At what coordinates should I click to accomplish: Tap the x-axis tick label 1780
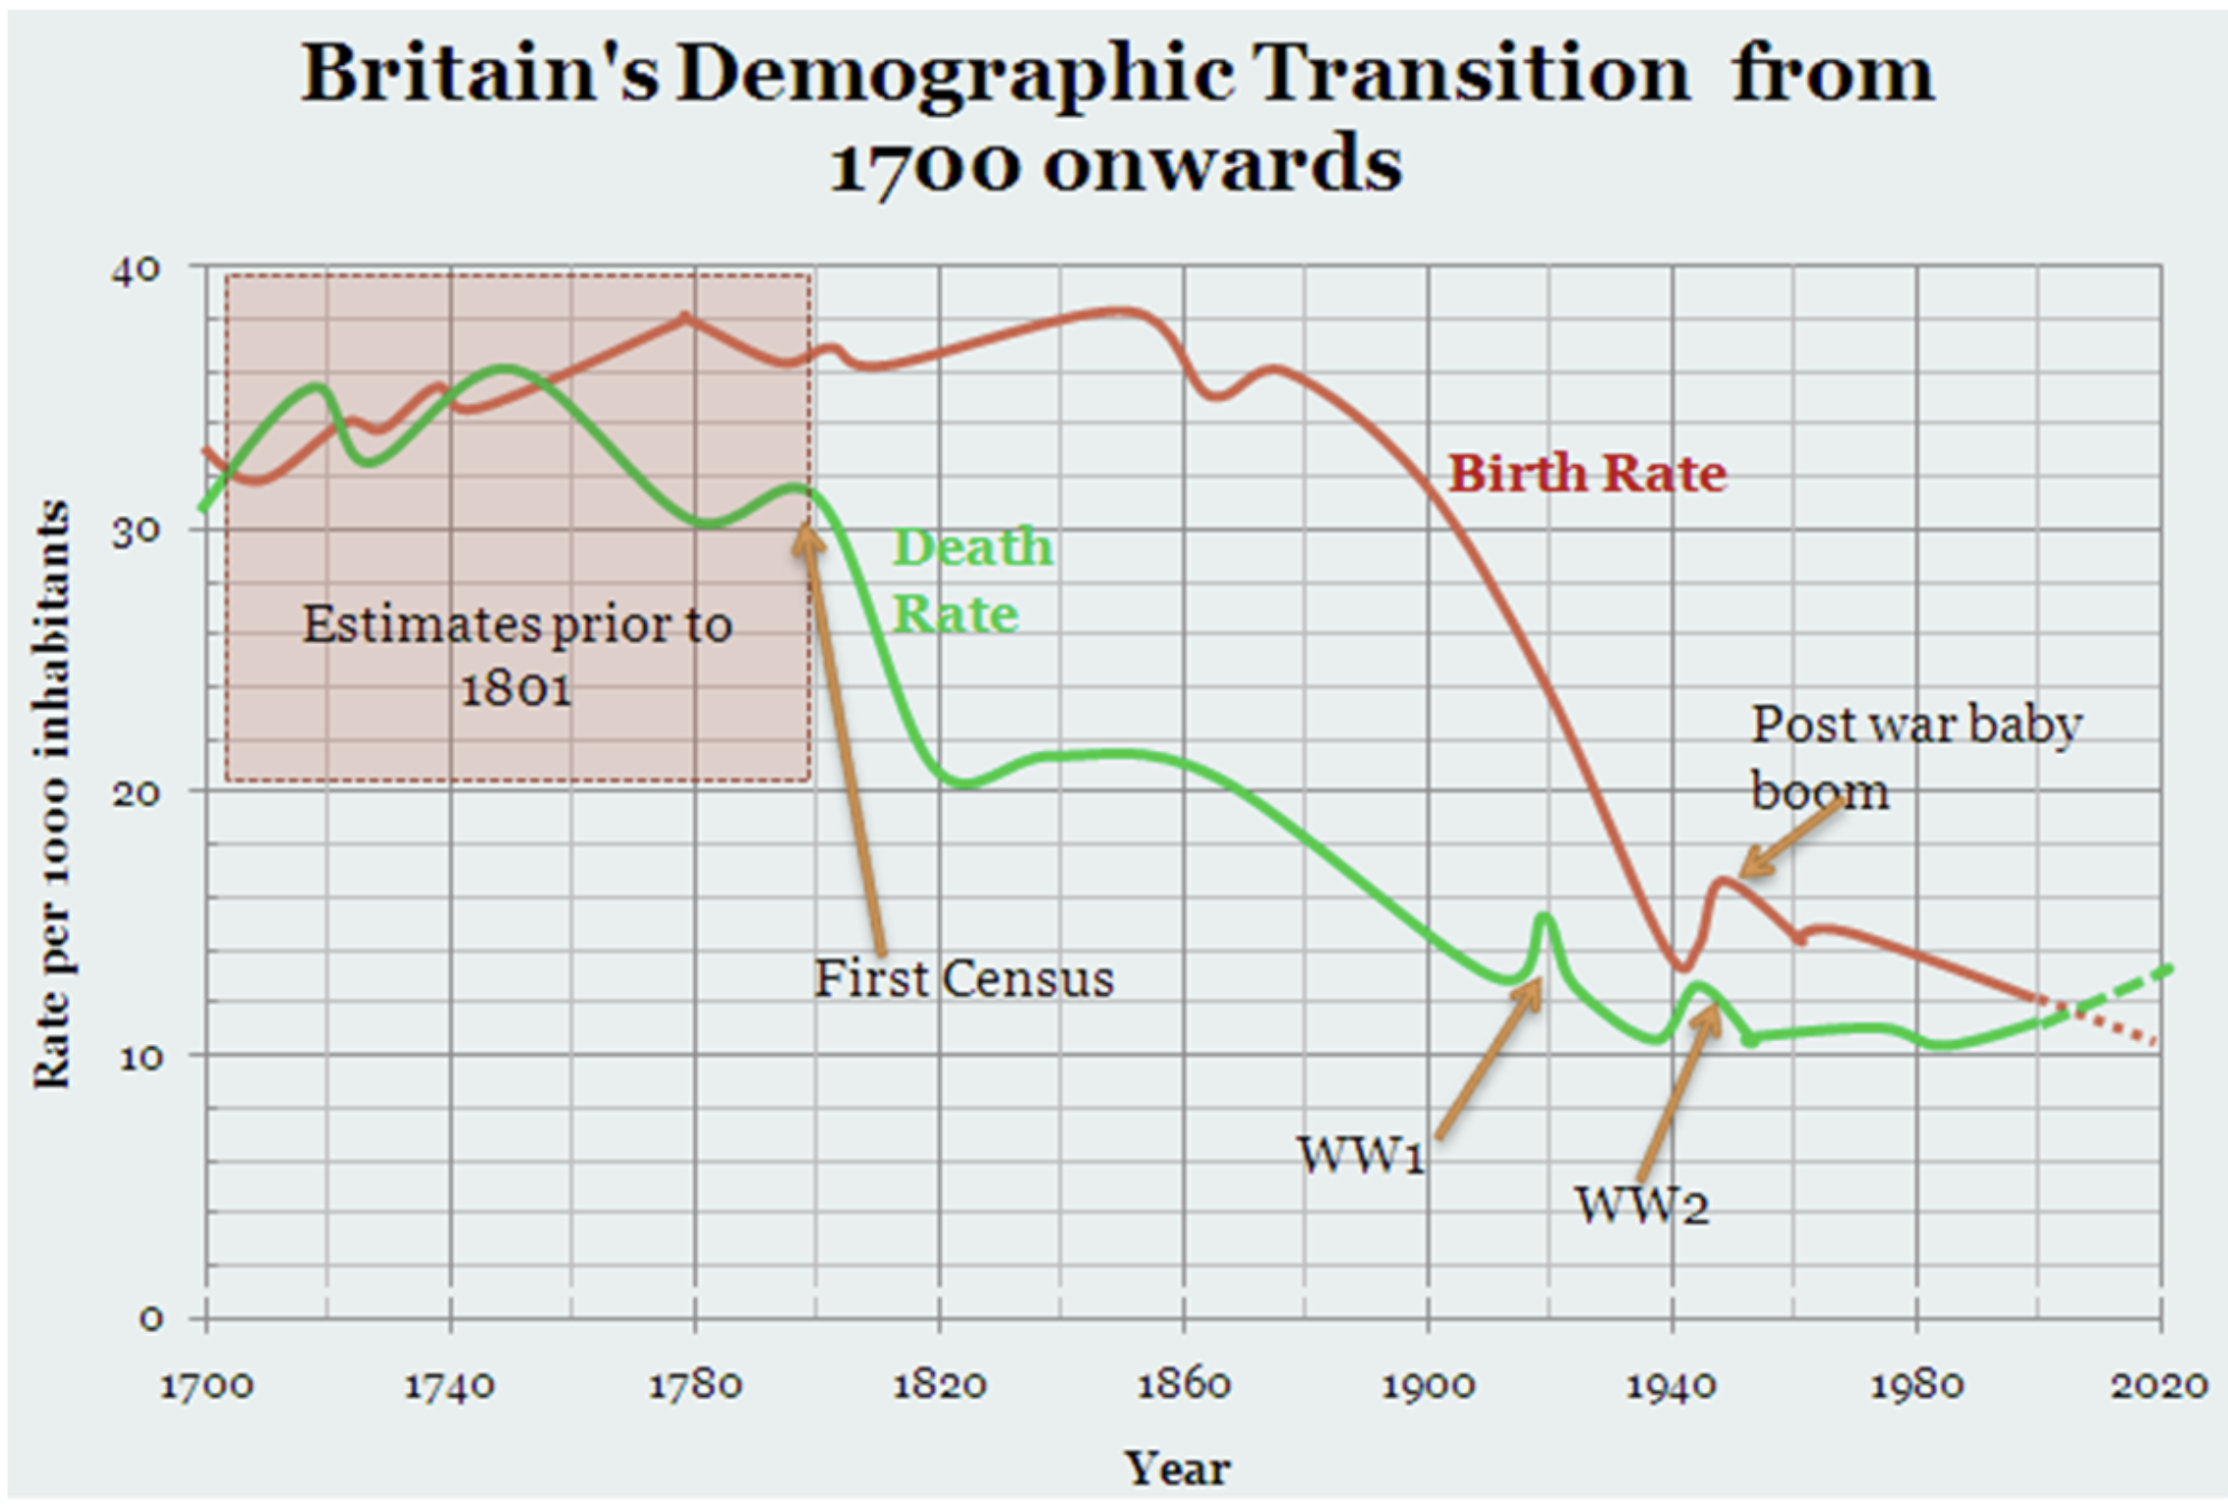coord(694,1386)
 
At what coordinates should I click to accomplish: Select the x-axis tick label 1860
coord(1183,1386)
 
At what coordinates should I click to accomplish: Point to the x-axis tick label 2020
coord(2159,1386)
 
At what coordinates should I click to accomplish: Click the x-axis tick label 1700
coord(206,1386)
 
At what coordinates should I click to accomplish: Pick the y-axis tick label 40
coord(135,269)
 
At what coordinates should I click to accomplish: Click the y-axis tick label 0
coord(150,1318)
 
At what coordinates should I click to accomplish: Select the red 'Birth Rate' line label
coord(1587,474)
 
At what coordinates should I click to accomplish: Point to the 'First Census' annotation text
coord(964,979)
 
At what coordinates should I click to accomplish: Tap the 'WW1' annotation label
coord(1361,1156)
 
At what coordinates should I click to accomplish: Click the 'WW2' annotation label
coord(1643,1205)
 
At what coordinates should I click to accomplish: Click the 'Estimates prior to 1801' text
coord(517,655)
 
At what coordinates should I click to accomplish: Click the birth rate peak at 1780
coord(685,318)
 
